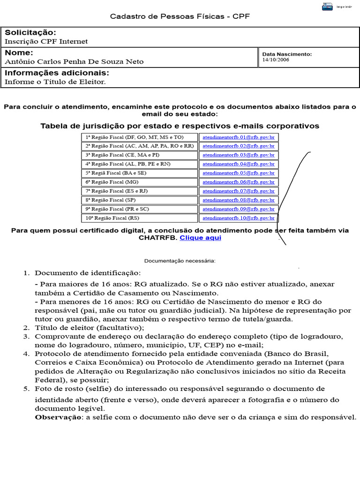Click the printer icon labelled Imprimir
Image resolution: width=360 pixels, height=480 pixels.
tap(327, 6)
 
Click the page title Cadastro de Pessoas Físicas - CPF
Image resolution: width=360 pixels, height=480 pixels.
tap(180, 16)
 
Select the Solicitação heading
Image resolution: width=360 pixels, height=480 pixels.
tap(30, 32)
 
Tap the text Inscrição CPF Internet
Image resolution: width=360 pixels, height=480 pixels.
tap(46, 41)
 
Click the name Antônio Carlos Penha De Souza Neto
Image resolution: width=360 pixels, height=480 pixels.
tap(74, 61)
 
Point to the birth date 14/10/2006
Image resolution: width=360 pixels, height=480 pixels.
tap(276, 60)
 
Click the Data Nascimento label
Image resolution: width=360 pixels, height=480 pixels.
tap(287, 54)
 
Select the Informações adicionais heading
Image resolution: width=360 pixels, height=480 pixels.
tap(57, 73)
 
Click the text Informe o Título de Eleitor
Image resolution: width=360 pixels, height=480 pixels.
tap(55, 82)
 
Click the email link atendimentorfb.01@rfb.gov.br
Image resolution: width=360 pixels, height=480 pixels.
tap(239, 137)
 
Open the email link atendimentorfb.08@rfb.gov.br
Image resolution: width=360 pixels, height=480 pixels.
tap(239, 200)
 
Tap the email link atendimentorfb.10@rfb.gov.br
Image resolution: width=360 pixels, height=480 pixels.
tap(239, 218)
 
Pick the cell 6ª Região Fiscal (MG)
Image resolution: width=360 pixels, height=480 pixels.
tap(105, 182)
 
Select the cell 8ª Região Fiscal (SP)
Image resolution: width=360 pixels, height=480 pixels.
tap(105, 200)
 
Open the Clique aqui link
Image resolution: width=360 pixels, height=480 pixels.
tap(200, 238)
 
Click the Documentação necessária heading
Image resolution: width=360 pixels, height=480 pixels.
tap(180, 261)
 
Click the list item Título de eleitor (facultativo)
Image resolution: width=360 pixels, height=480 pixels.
tap(90, 328)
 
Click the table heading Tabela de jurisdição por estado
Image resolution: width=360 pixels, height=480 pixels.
tap(180, 126)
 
